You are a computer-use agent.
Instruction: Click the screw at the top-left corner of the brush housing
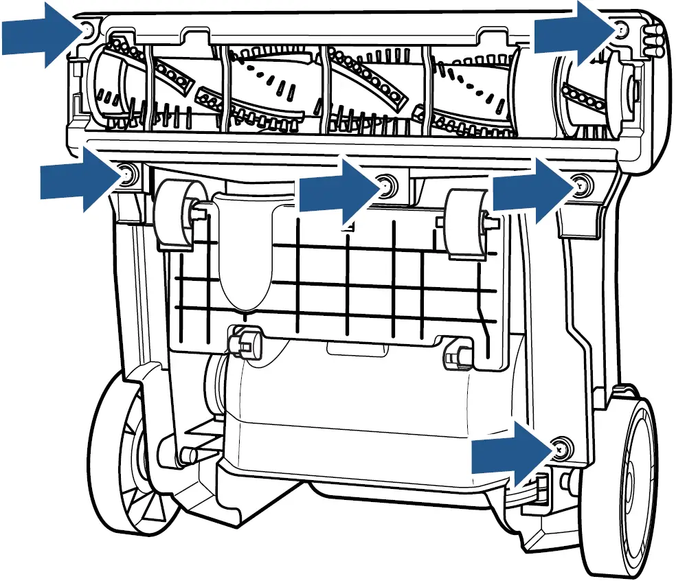(87, 30)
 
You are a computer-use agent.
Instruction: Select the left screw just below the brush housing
(127, 176)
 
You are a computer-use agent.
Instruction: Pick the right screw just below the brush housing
(581, 183)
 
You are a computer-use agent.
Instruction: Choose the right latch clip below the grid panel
(455, 353)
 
